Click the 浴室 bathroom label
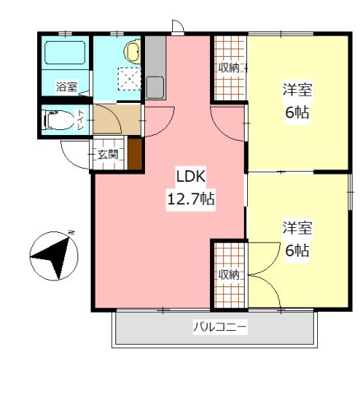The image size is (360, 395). pyautogui.click(x=65, y=86)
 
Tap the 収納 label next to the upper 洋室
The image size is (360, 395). pyautogui.click(x=229, y=68)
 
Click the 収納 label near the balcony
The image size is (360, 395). pyautogui.click(x=229, y=275)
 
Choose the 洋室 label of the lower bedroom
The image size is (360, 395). pyautogui.click(x=297, y=227)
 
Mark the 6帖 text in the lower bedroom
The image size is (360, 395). pyautogui.click(x=297, y=249)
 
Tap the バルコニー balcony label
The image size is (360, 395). pyautogui.click(x=220, y=328)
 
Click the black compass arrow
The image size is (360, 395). pyautogui.click(x=51, y=256)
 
